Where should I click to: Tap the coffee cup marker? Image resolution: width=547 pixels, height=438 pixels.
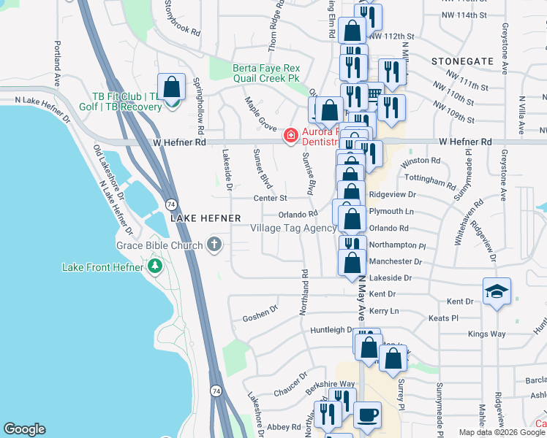(368, 415)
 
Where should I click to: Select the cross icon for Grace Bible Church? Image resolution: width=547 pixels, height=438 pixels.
(214, 245)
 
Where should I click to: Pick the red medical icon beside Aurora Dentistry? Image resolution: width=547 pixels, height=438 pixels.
(290, 134)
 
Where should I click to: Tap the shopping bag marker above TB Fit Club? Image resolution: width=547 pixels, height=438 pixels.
(171, 88)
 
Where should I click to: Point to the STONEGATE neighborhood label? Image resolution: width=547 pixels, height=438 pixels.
(462, 61)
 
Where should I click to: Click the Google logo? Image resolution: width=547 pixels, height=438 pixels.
(24, 429)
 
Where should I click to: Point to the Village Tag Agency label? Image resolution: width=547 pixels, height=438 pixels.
(293, 228)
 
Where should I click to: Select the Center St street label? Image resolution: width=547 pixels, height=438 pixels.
(270, 198)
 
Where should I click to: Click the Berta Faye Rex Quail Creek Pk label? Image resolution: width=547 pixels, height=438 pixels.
(271, 74)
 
